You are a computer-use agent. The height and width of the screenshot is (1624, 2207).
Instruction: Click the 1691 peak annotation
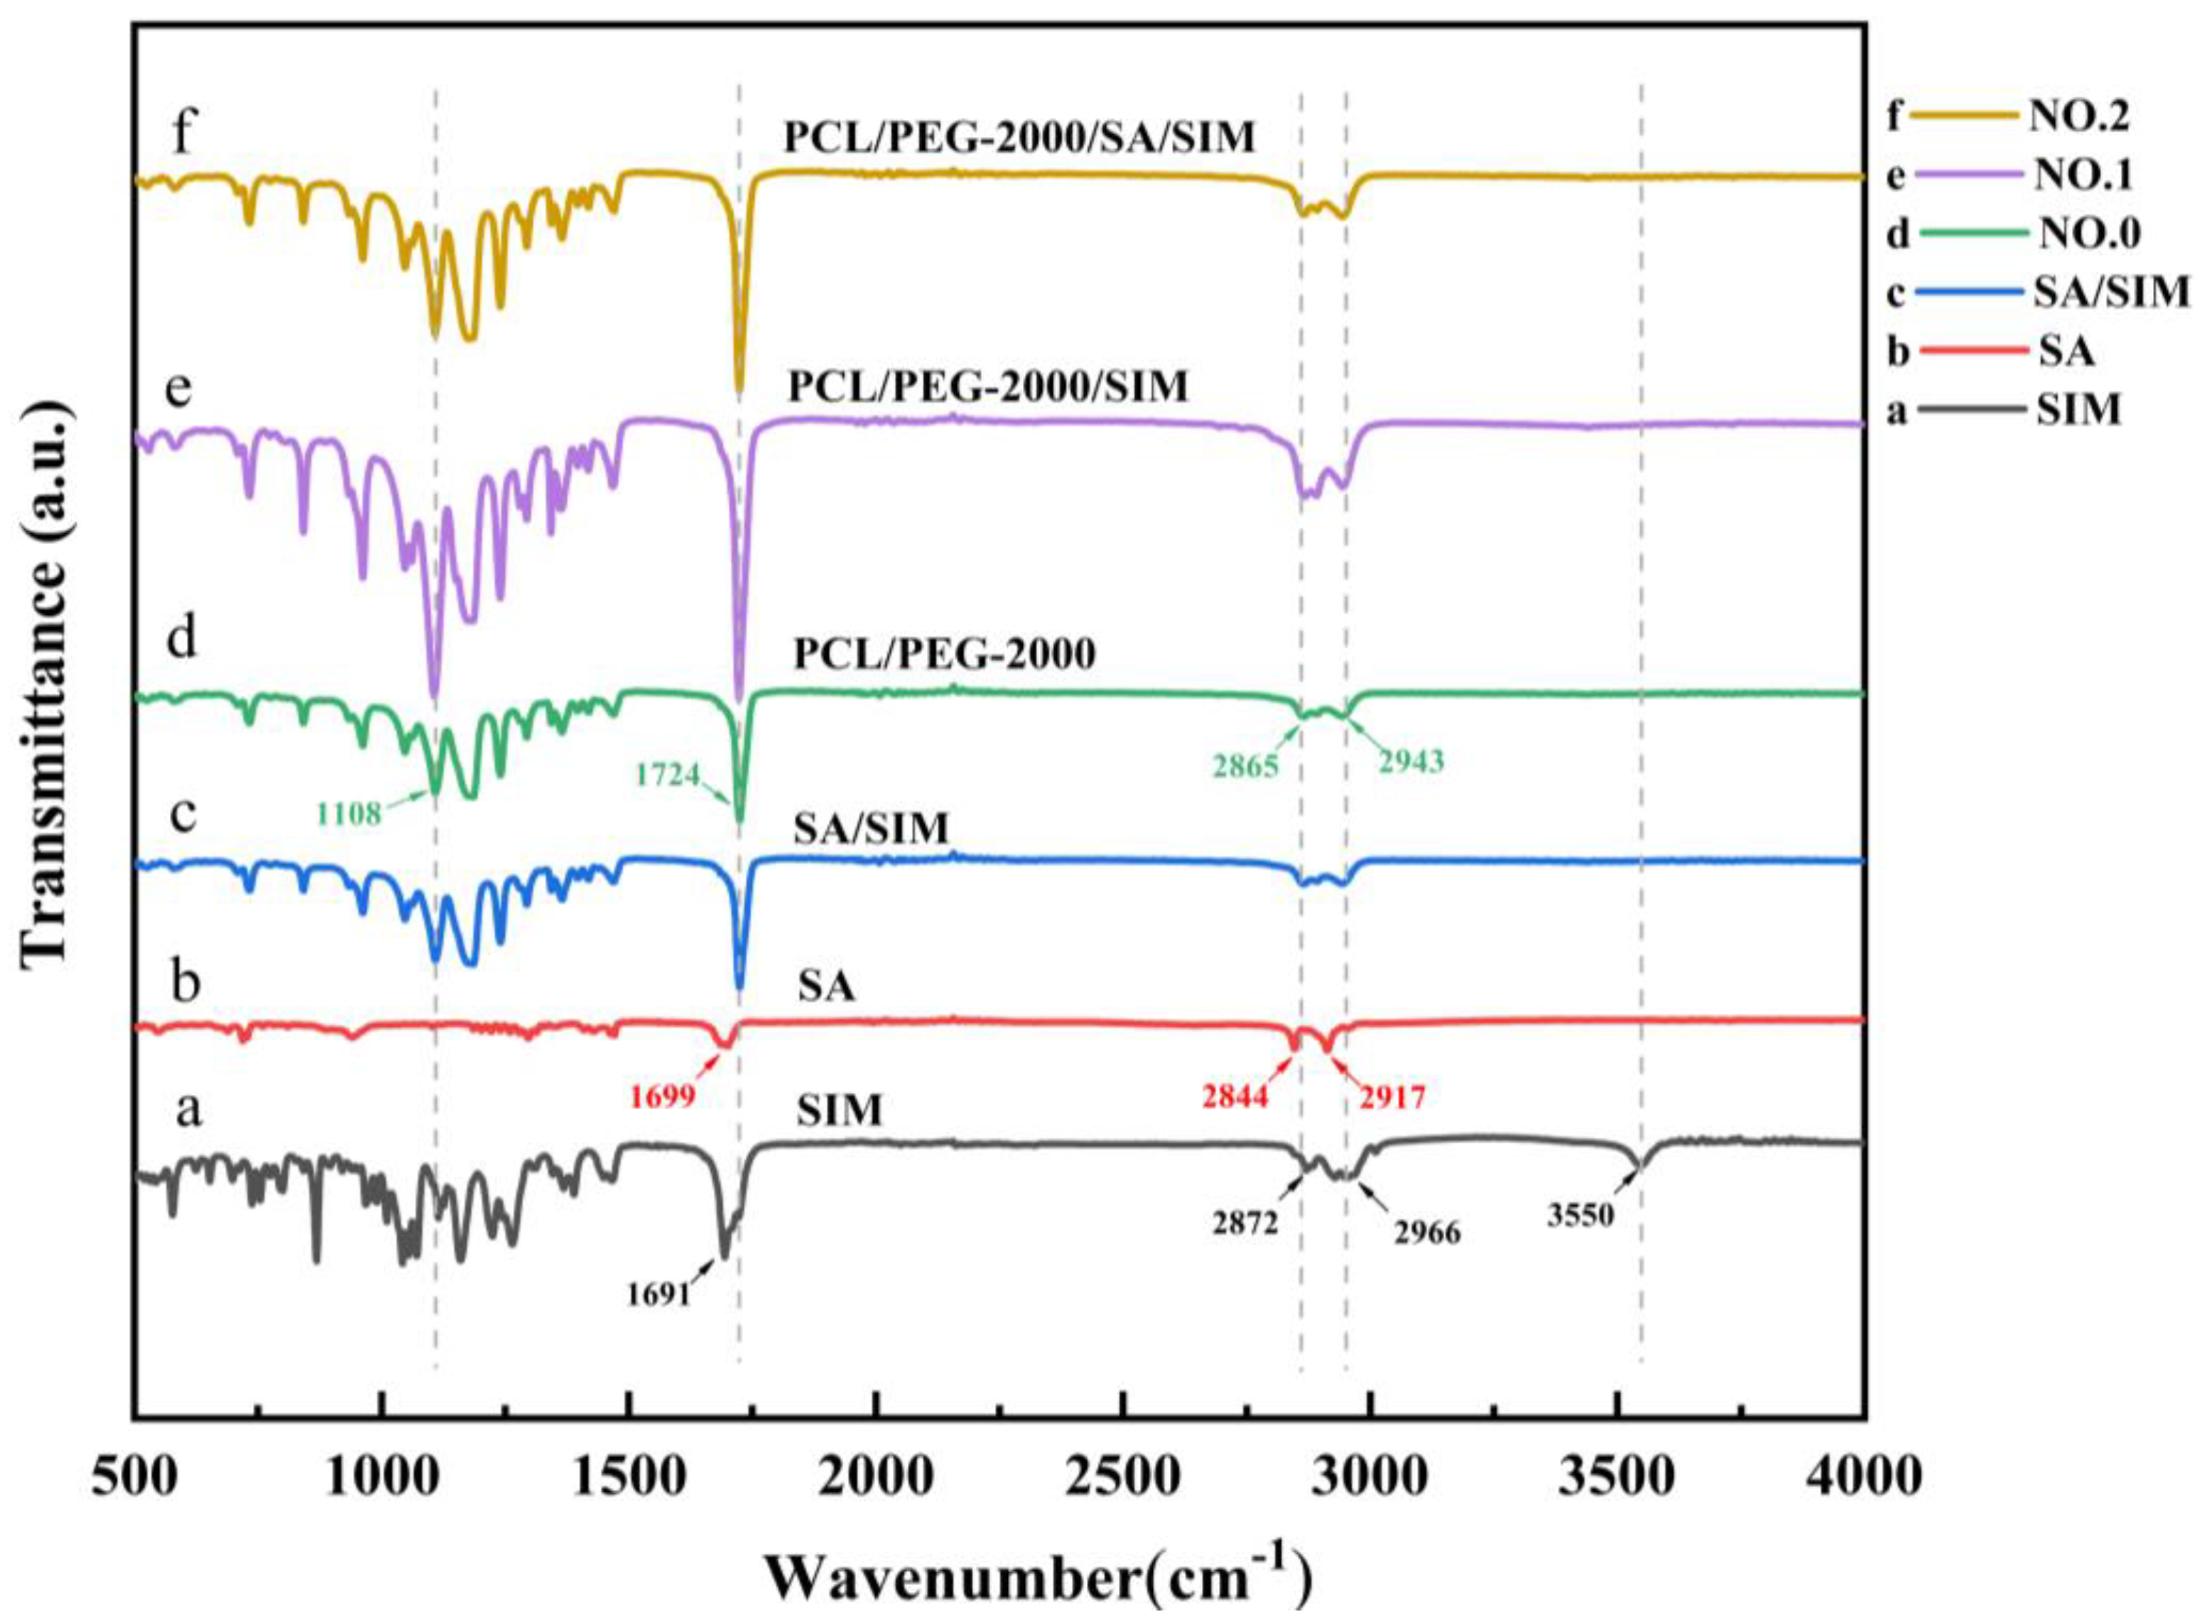coord(658,1295)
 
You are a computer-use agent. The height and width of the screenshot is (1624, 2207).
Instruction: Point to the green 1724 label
coord(668,775)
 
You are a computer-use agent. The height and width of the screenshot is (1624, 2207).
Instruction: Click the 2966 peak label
coord(1428,1233)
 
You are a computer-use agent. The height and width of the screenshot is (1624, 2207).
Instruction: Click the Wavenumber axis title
coord(1037,1581)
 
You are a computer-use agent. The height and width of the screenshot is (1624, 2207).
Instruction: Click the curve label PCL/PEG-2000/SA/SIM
coord(1019,138)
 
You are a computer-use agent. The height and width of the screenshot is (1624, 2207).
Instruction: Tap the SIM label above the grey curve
coord(839,1111)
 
